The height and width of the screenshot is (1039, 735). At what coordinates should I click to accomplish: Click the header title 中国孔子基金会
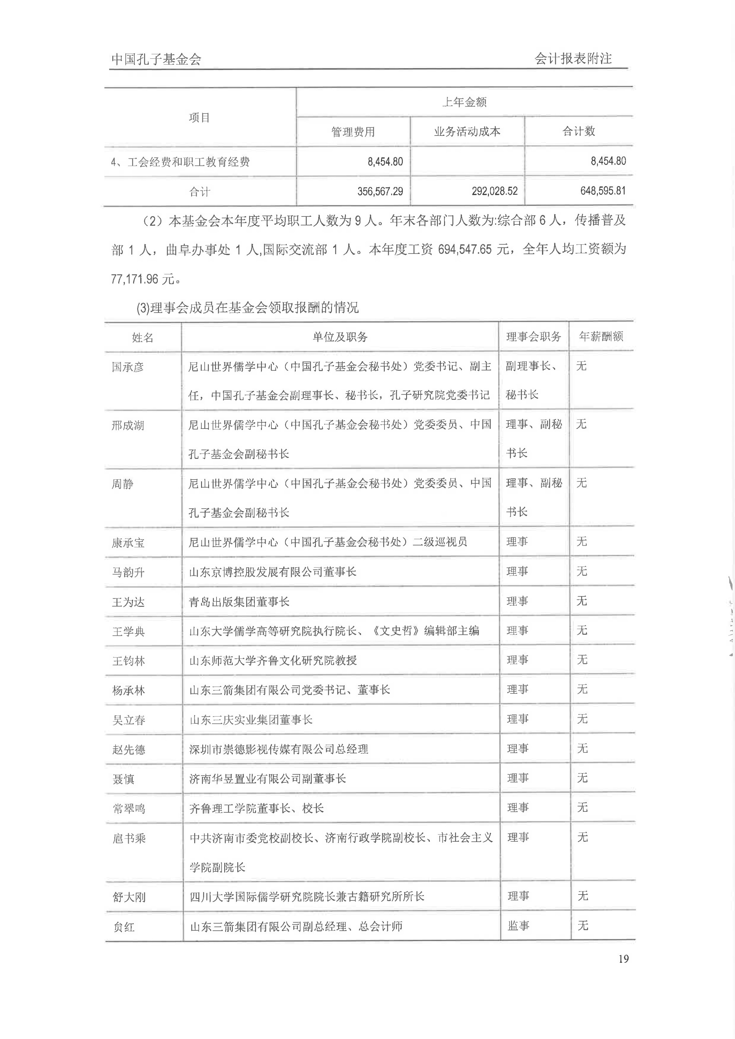click(156, 59)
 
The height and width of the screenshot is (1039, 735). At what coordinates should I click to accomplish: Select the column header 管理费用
click(353, 132)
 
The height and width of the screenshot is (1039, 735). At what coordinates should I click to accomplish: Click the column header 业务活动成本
click(467, 132)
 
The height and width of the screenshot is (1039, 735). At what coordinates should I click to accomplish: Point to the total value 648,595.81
click(603, 191)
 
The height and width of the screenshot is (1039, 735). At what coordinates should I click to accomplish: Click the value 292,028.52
click(494, 191)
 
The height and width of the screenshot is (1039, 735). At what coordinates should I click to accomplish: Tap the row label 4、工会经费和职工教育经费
click(180, 161)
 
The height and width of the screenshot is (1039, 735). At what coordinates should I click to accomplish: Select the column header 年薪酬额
click(601, 336)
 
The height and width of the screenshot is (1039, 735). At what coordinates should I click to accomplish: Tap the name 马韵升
click(128, 572)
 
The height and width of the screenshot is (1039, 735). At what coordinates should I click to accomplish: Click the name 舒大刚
click(129, 897)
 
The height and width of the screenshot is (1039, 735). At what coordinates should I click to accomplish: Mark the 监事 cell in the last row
click(518, 926)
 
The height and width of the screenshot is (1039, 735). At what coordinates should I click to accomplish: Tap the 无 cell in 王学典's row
click(582, 631)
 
